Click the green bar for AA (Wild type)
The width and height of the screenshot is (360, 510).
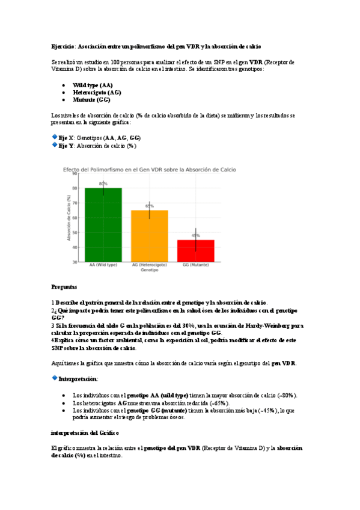click(x=103, y=225)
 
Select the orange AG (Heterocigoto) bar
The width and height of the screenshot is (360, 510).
click(x=149, y=236)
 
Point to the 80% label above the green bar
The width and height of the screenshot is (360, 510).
click(x=103, y=183)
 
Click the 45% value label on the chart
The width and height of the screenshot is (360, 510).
click(x=196, y=236)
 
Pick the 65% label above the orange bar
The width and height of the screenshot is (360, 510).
click(x=149, y=206)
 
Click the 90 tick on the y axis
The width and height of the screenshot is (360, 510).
click(x=75, y=173)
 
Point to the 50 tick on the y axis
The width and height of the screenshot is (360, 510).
click(x=75, y=233)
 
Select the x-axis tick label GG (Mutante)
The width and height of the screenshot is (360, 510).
click(x=195, y=265)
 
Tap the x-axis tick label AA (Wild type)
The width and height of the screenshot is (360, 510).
click(x=103, y=265)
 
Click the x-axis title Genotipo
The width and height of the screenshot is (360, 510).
click(x=149, y=271)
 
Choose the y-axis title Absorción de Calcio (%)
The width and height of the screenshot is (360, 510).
click(x=69, y=218)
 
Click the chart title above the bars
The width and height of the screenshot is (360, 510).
click(x=150, y=169)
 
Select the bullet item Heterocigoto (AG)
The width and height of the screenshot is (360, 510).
click(x=97, y=93)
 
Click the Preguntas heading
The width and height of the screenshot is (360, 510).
click(x=64, y=287)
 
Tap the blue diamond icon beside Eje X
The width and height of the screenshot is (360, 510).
click(x=55, y=138)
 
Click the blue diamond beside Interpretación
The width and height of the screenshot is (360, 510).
click(x=55, y=378)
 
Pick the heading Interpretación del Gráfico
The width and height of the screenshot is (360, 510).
click(x=84, y=432)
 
